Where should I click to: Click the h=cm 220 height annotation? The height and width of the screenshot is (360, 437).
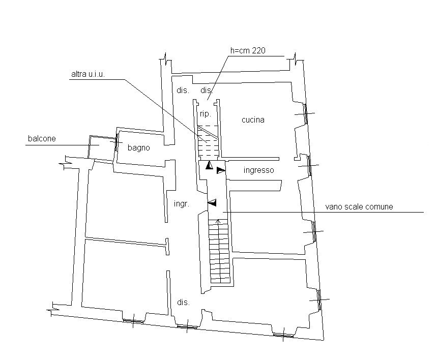248,50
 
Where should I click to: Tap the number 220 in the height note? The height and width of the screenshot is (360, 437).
259,50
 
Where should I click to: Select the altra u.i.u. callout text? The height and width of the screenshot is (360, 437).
88,75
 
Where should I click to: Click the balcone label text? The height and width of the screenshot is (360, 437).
42,138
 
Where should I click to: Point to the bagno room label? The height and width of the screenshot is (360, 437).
138,148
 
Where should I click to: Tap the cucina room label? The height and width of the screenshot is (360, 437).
253,120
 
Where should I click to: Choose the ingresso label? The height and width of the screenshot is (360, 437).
258,170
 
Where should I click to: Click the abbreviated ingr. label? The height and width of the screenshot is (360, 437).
181,204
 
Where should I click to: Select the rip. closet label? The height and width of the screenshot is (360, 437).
205,113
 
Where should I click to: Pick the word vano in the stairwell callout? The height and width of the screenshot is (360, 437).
334,207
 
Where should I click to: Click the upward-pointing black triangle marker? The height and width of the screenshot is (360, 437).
209,165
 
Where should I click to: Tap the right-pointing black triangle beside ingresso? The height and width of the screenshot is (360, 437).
220,170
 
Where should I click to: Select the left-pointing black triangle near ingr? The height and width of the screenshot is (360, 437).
212,203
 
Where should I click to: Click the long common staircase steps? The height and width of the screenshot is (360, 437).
219,254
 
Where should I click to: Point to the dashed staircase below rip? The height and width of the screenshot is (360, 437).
208,141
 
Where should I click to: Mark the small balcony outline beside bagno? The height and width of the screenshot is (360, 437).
101,148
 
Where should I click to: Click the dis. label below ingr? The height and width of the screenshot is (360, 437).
183,302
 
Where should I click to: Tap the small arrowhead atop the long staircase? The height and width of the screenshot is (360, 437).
219,221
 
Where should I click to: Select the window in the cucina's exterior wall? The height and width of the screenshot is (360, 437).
306,115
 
